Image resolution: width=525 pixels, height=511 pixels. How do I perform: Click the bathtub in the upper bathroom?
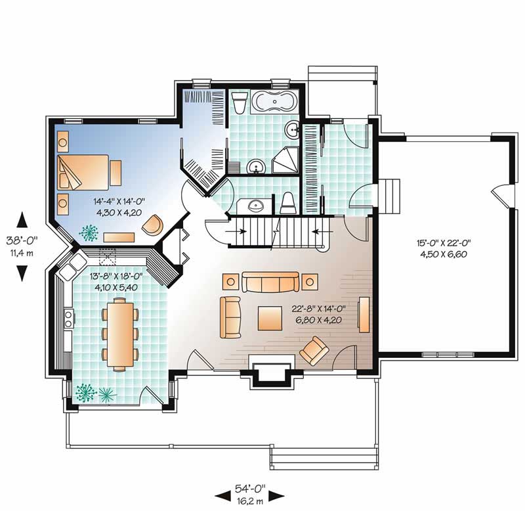click(274, 101)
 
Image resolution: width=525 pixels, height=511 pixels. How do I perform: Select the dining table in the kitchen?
click(120, 334)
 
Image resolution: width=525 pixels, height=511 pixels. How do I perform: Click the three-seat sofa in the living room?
click(270, 282)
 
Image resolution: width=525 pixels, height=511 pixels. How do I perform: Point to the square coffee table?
click(270, 318)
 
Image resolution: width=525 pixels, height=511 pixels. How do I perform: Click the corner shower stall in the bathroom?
click(285, 160)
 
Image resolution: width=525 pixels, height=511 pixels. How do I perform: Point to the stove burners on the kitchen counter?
click(69, 319)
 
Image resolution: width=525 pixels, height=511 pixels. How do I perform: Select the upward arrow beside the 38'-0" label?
click(22, 220)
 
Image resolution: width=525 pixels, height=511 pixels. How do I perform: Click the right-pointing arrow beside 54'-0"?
click(276, 496)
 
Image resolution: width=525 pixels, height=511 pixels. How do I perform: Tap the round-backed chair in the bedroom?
click(153, 225)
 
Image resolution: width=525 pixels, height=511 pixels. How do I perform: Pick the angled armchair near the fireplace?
click(314, 351)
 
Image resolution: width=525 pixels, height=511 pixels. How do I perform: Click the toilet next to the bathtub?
click(240, 102)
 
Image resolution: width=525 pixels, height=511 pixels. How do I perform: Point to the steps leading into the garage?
click(388, 196)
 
